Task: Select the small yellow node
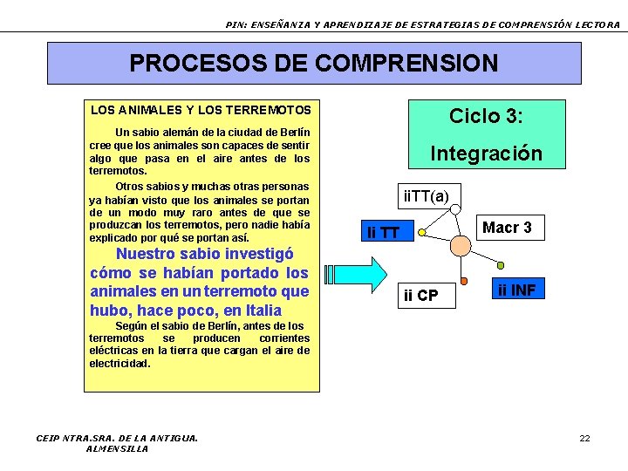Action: [421, 233]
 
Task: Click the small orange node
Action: [464, 281]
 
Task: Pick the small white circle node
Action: [455, 210]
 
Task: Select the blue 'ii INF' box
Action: [516, 290]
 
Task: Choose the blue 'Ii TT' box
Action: [384, 232]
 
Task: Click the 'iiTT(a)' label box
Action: [426, 196]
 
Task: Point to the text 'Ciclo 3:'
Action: [486, 116]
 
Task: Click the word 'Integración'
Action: [486, 154]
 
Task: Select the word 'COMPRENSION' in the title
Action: [408, 64]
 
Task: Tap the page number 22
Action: [585, 438]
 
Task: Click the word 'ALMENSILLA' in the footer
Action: [117, 448]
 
